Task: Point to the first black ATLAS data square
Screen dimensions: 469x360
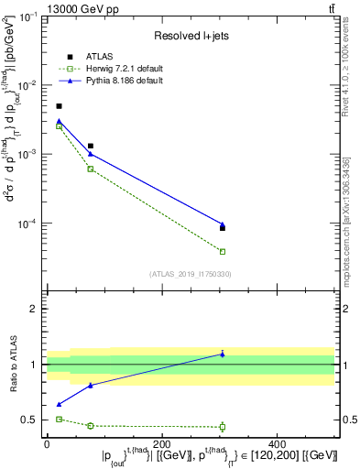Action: coord(59,106)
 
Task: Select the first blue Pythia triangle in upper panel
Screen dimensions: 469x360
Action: coord(59,121)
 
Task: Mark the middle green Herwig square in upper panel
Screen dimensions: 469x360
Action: coord(90,169)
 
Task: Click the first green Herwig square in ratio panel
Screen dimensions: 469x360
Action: coord(59,419)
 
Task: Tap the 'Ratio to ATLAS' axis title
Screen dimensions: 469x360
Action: coord(12,365)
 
